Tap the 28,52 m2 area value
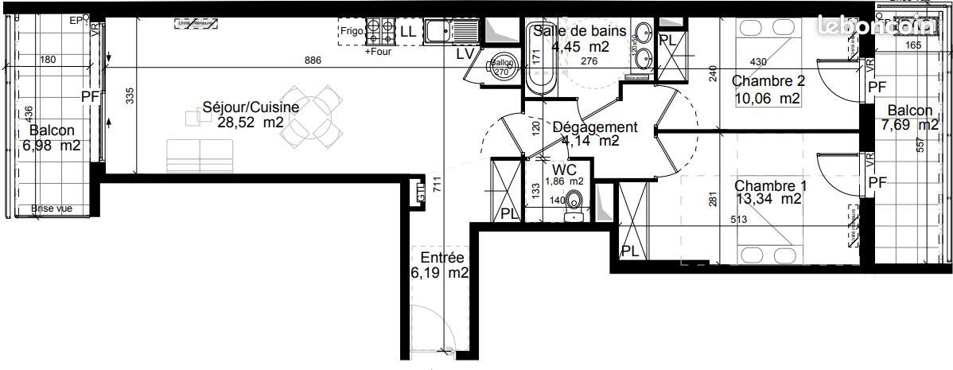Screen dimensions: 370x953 [251, 122]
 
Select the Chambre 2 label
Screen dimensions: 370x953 [768, 81]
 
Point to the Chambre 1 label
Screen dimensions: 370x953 [770, 185]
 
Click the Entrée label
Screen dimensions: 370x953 [442, 258]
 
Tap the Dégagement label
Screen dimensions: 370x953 [594, 127]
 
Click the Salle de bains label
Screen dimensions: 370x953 [580, 31]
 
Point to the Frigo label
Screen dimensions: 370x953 [351, 32]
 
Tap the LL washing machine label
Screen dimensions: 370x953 [407, 32]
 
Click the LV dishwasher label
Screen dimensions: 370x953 [465, 54]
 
